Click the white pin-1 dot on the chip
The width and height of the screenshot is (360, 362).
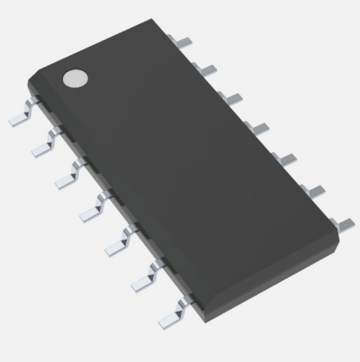coord(74,78)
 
